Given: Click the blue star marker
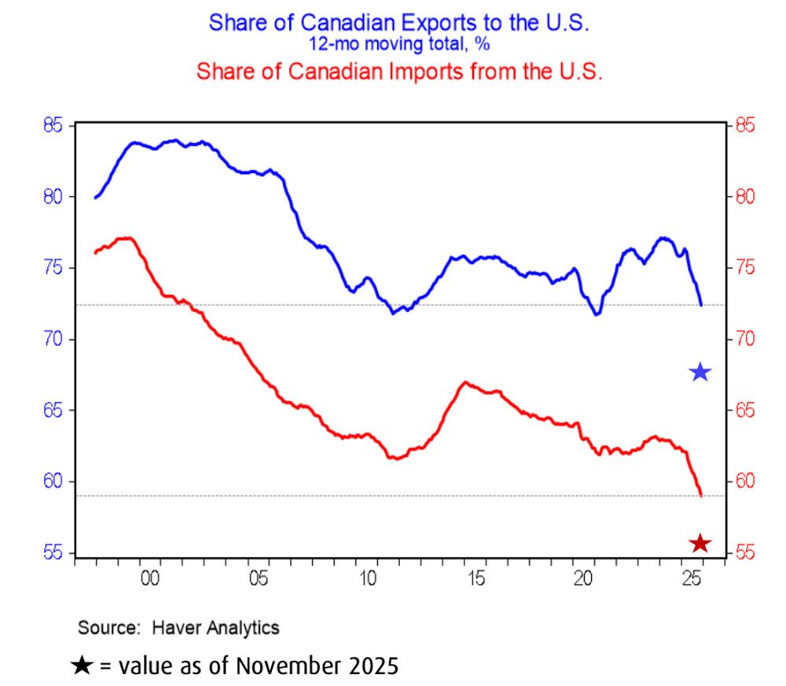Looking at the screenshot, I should pyautogui.click(x=700, y=372).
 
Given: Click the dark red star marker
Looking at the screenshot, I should pyautogui.click(x=700, y=544).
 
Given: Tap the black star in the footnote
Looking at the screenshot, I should pyautogui.click(x=82, y=666).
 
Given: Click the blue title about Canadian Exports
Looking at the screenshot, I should pyautogui.click(x=399, y=23).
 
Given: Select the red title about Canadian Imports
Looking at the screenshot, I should pyautogui.click(x=399, y=72).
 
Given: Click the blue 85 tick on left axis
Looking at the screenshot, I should pyautogui.click(x=53, y=126).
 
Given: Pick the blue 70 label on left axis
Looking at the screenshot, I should pyautogui.click(x=53, y=340).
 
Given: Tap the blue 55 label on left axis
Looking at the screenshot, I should pyautogui.click(x=53, y=554).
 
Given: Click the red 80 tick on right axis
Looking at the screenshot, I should pyautogui.click(x=743, y=197).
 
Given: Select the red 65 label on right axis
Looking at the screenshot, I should pyautogui.click(x=743, y=411).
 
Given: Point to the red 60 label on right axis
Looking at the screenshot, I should pyautogui.click(x=743, y=482).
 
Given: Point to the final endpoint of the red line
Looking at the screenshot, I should pyautogui.click(x=700, y=495).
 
